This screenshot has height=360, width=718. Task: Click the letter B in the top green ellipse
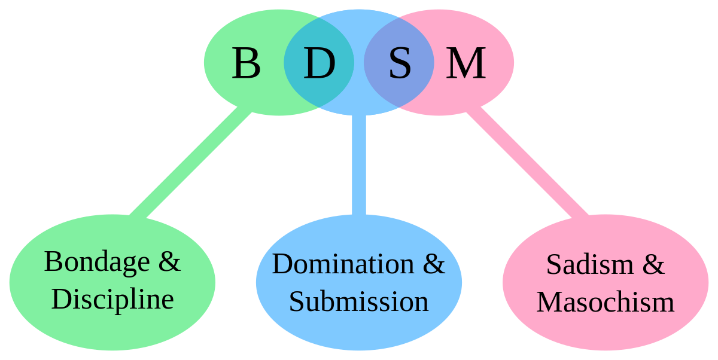click(246, 63)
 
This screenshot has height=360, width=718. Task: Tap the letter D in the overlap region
click(320, 63)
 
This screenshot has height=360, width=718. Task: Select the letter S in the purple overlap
click(400, 63)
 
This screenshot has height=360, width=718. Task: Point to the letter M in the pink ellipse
click(466, 63)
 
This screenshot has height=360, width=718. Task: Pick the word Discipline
click(112, 300)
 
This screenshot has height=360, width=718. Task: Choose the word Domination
click(343, 264)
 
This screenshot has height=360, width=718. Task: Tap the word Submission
click(358, 302)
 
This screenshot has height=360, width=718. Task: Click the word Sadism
click(590, 264)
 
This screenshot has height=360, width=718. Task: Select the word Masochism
click(606, 302)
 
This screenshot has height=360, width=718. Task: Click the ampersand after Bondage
click(169, 262)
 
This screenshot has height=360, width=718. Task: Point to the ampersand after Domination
click(434, 264)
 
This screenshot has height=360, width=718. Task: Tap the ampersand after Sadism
click(653, 264)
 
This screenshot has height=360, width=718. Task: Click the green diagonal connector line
click(190, 163)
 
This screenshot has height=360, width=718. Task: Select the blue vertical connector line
click(358, 165)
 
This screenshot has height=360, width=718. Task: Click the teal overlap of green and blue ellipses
click(319, 62)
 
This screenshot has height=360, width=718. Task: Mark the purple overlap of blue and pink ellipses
click(398, 62)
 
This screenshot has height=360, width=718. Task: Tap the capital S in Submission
click(296, 302)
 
